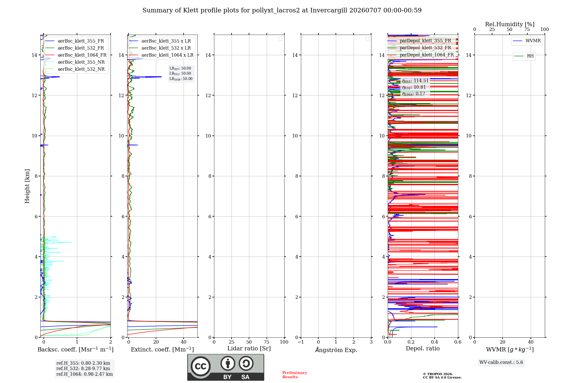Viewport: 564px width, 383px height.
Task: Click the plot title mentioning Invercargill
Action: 282,10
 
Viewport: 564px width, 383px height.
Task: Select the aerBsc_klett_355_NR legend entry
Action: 75,62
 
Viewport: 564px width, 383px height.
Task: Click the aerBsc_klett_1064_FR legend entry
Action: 76,55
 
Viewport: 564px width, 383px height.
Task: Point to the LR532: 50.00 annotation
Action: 180,74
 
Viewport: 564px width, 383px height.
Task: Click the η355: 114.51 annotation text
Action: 415,81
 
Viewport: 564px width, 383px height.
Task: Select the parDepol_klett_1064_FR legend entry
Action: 421,55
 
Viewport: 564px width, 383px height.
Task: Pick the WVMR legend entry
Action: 527,41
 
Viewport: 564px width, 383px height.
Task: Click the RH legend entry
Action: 524,56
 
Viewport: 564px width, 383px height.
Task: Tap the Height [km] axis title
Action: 27,186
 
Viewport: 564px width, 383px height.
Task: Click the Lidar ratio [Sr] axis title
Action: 249,349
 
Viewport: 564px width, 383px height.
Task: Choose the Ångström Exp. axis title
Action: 336,350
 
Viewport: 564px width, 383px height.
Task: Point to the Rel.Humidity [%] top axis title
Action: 510,24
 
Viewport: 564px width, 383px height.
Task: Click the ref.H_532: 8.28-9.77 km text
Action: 83,369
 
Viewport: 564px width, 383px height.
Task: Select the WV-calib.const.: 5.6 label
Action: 501,362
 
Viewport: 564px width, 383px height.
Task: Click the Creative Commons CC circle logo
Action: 201,366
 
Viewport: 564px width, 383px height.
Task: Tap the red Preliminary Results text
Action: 295,375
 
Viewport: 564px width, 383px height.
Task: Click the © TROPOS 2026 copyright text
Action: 438,374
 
